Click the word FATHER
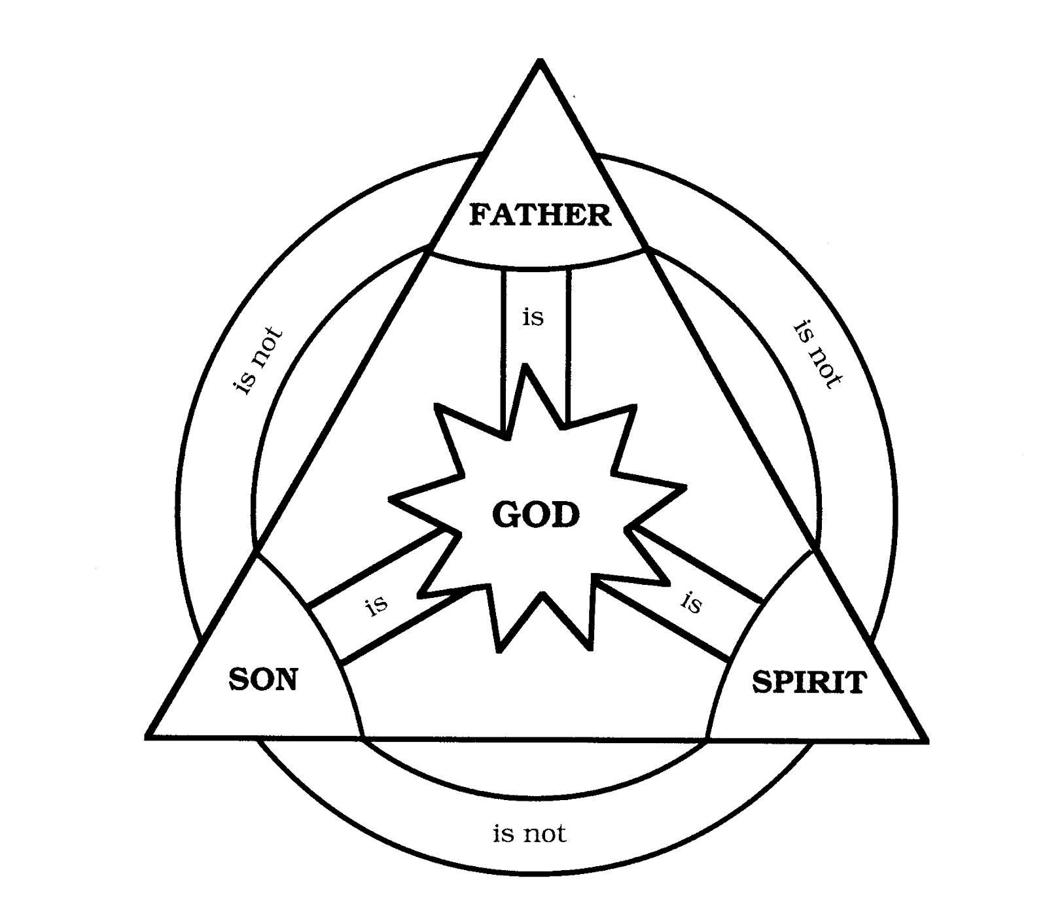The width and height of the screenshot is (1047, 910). coord(540,215)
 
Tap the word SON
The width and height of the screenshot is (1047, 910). coord(263,679)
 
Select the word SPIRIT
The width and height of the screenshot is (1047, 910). coord(809,682)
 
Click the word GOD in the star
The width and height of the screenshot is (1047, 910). coord(536,515)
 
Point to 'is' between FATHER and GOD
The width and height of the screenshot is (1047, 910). coord(533,317)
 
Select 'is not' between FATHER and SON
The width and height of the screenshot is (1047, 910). coord(258,360)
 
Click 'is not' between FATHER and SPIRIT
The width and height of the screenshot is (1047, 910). coord(817,355)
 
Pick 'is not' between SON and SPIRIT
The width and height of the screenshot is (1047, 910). coord(529,833)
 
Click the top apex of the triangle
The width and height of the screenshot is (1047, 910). coord(540,60)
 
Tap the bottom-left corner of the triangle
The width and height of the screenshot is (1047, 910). coord(147,738)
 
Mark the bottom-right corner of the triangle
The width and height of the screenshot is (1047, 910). coord(926,741)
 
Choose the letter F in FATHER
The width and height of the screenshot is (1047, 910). coord(479,215)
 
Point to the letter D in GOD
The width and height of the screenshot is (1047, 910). coord(567,515)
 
